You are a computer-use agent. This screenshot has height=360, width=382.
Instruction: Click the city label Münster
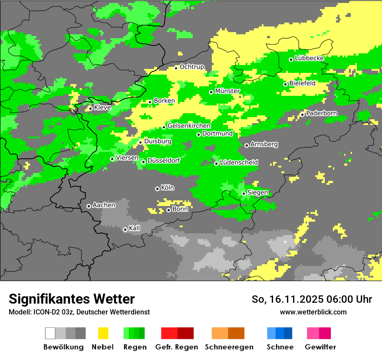tap(227, 91)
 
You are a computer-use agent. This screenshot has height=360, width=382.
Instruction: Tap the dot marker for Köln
tap(157, 189)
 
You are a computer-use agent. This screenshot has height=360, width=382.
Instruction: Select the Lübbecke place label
tap(309, 59)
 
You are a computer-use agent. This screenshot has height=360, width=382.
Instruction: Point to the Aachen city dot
tap(89, 206)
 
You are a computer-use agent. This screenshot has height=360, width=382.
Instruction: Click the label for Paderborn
tap(321, 114)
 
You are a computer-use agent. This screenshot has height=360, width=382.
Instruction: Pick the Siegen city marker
tap(244, 193)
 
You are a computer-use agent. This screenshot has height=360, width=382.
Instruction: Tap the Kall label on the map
tap(135, 228)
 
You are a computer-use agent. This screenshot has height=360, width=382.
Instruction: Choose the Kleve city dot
tap(90, 108)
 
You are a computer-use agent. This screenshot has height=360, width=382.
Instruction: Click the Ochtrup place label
tap(191, 67)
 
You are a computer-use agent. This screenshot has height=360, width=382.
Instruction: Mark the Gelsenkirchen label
tap(189, 126)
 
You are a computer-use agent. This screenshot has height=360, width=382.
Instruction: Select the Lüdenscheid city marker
tap(216, 164)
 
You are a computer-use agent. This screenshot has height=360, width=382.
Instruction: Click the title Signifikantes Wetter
tap(72, 299)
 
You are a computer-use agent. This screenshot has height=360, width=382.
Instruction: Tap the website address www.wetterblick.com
tap(313, 312)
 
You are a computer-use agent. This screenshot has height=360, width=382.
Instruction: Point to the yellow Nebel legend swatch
tap(103, 333)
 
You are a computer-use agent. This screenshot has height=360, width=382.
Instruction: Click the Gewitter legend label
tap(320, 347)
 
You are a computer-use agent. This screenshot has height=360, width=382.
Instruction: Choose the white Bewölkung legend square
tap(50, 333)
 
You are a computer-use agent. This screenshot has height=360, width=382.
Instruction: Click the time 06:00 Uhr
tap(350, 299)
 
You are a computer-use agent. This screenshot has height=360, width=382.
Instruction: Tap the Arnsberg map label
tap(264, 144)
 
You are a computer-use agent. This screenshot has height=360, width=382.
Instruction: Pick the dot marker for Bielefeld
tap(285, 84)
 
